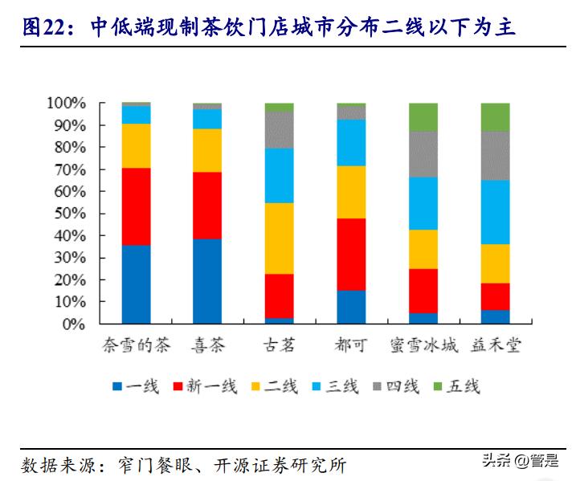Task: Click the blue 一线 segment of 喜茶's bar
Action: pos(207,281)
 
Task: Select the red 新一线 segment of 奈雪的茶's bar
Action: pos(136,206)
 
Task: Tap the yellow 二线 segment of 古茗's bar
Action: pos(279,238)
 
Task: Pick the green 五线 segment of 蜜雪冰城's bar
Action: pos(423,117)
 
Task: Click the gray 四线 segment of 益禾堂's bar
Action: pos(495,156)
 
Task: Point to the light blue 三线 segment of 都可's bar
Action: pos(351,142)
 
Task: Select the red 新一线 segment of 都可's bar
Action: pos(351,254)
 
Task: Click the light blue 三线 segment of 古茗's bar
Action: pos(279,176)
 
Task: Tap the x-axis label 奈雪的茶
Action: pos(136,346)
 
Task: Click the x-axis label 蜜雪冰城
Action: pos(423,346)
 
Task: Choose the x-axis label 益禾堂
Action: pos(495,346)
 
